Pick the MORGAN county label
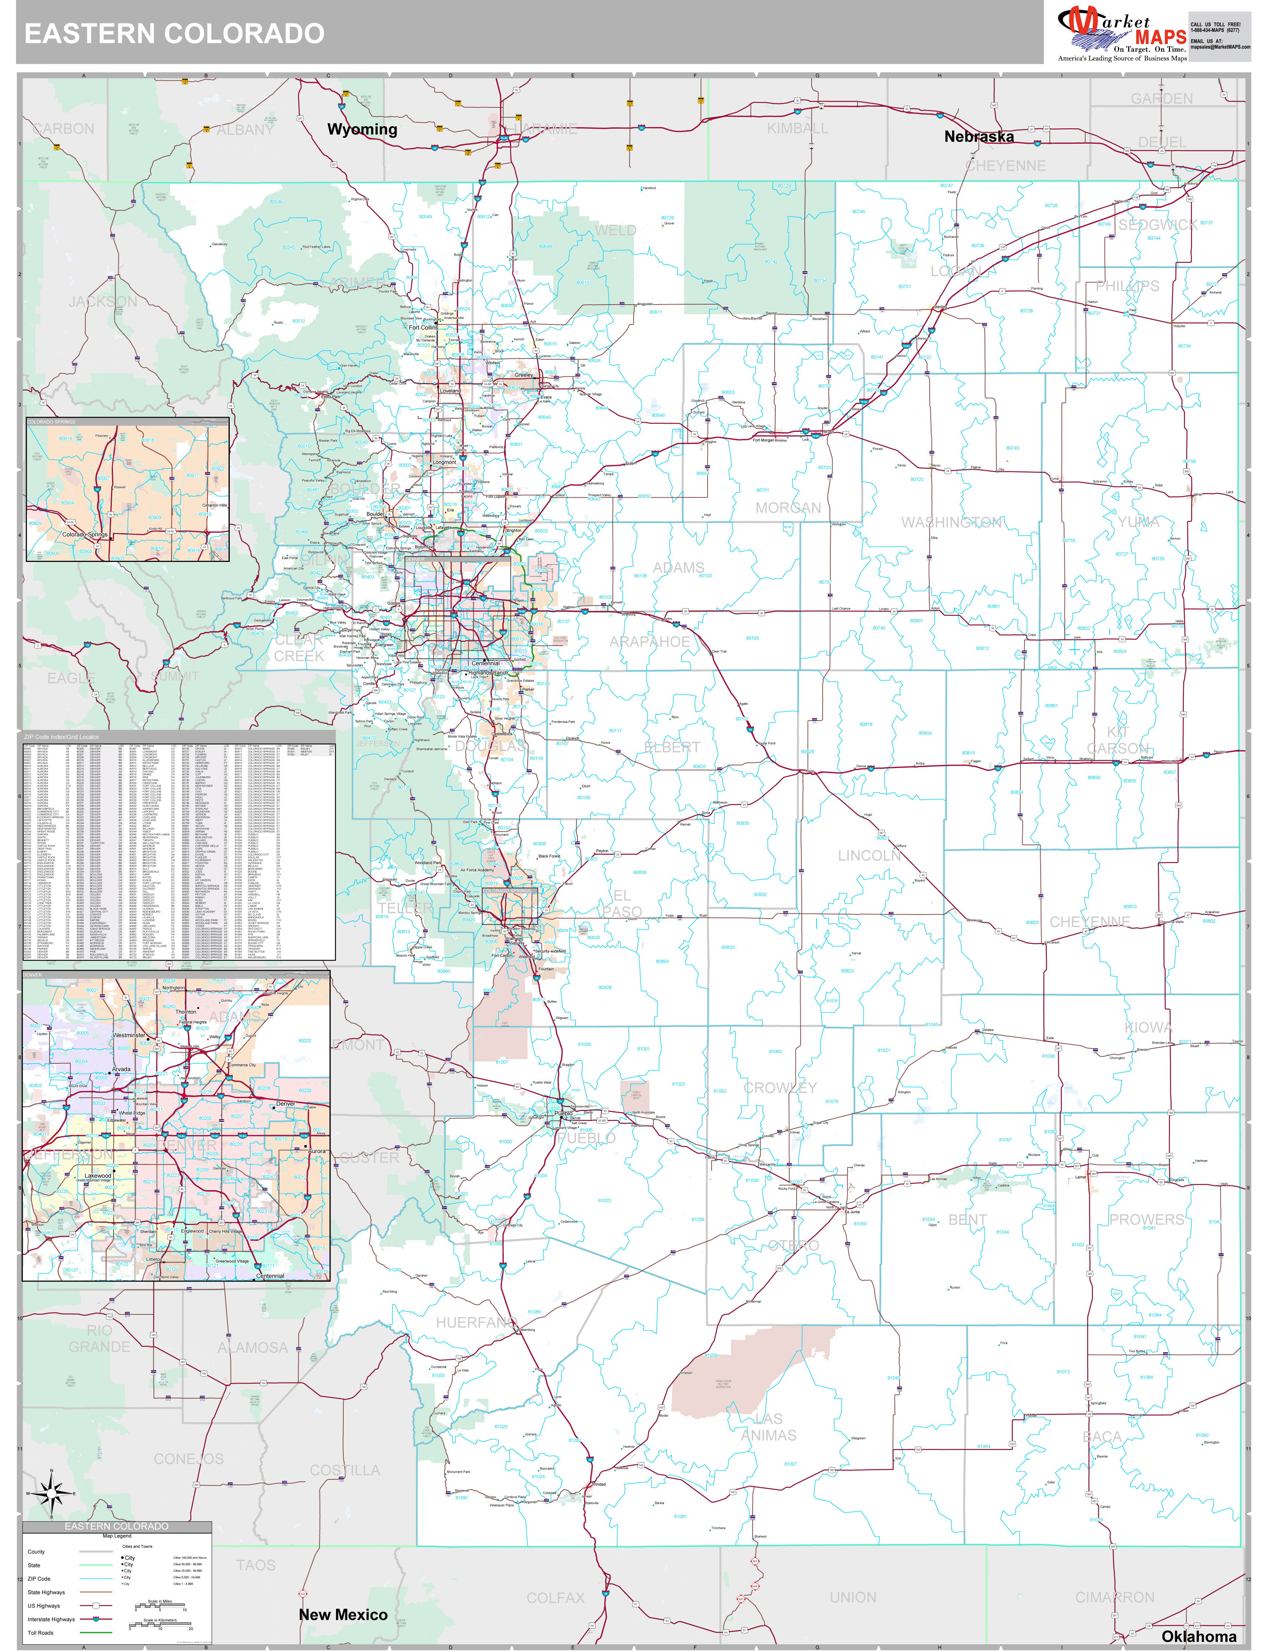tap(787, 508)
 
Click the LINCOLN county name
tap(869, 856)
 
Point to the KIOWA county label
tap(1148, 1027)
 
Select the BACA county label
tap(1102, 1436)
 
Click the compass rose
tap(51, 1492)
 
